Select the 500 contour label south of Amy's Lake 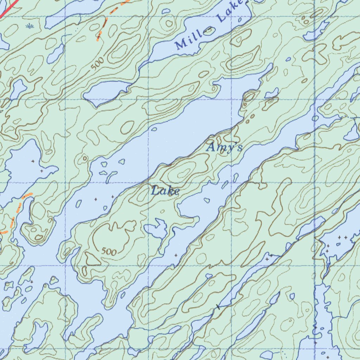coord(109,251)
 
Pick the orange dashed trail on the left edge coord(16,211)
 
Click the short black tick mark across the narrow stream coord(218,307)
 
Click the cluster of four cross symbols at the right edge coord(336,244)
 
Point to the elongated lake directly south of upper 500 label coord(105,93)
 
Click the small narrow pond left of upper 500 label coord(56,53)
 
